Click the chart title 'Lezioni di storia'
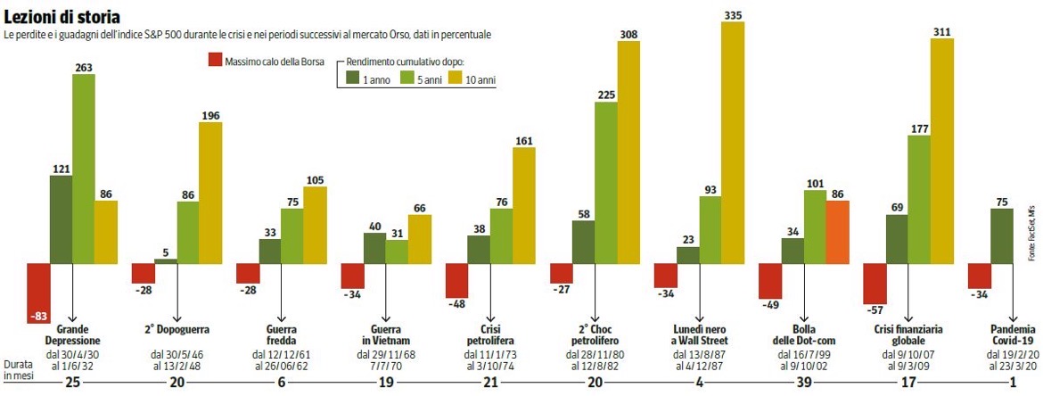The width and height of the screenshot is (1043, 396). click(x=62, y=17)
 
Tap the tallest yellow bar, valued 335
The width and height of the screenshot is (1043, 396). click(x=733, y=143)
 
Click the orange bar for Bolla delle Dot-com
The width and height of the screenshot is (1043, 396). click(x=837, y=232)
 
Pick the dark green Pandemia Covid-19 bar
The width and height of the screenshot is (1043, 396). click(x=1001, y=235)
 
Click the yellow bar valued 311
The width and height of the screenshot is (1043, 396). click(x=941, y=151)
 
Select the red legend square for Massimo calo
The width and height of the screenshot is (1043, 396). click(x=213, y=61)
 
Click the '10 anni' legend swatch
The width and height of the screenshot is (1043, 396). click(x=456, y=79)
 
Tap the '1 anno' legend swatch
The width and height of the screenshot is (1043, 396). click(x=353, y=79)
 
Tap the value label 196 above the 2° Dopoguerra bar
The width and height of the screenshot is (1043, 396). click(x=210, y=114)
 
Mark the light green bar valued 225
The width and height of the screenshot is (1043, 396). click(x=606, y=183)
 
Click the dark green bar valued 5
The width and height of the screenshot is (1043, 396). click(x=166, y=260)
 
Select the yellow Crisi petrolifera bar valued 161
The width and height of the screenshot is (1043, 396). click(x=524, y=205)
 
